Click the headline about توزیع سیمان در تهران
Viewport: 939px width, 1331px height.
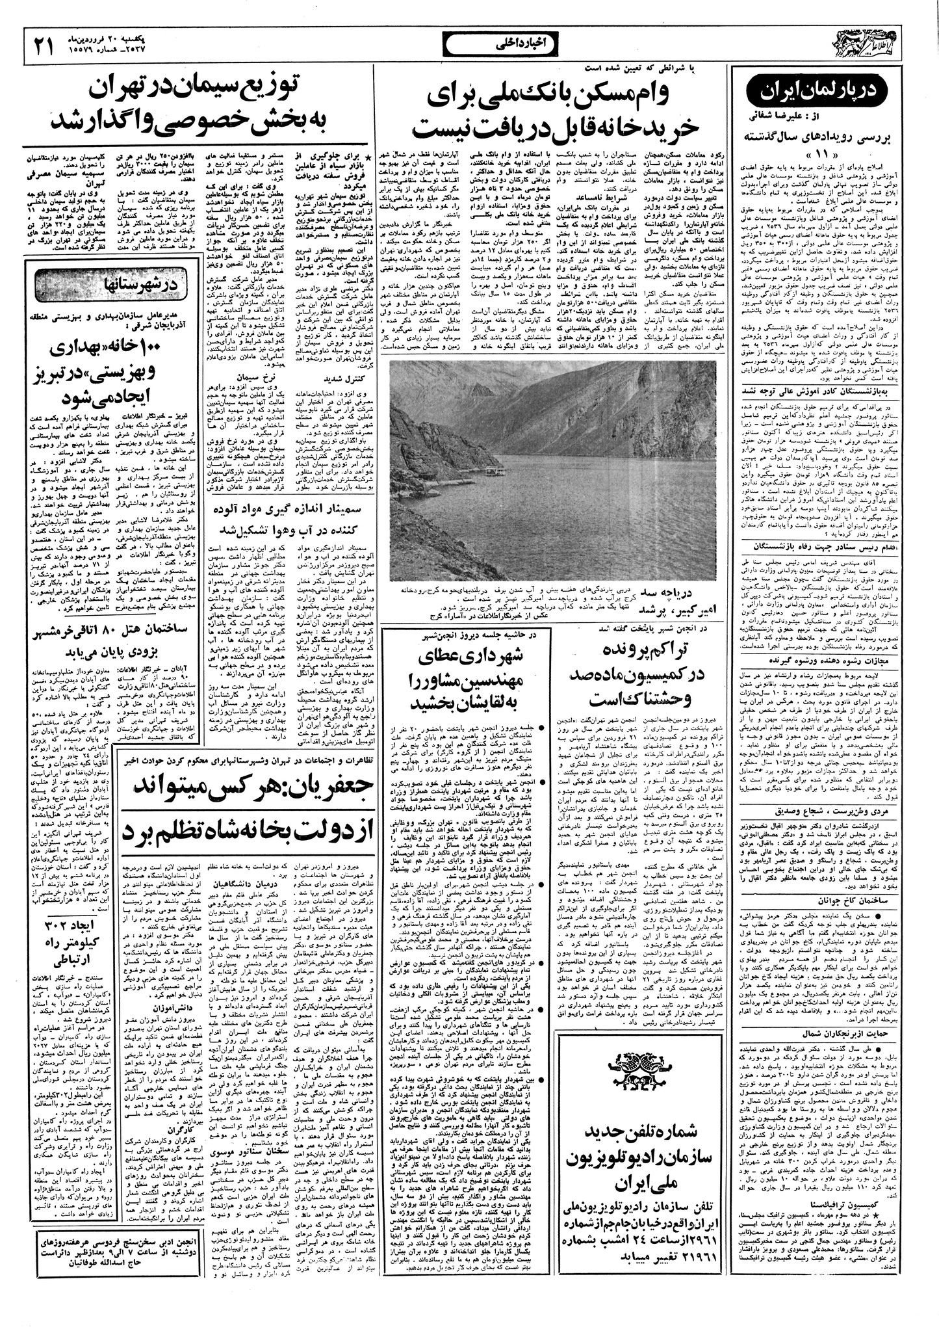point(196,104)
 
